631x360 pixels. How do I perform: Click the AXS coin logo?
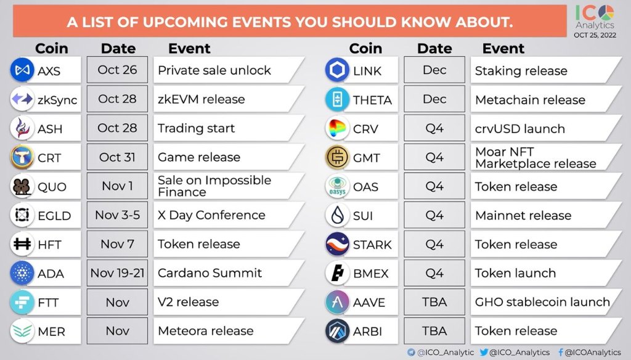(x=22, y=70)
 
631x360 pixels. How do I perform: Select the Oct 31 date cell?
(x=117, y=157)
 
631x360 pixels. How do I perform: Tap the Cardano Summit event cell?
(x=228, y=273)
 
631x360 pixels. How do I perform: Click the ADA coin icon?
(x=22, y=273)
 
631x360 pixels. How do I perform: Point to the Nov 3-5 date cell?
(x=117, y=215)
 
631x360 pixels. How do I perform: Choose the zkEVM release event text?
(x=202, y=99)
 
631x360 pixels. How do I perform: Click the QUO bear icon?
(x=22, y=186)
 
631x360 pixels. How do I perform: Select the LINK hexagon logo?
(x=337, y=70)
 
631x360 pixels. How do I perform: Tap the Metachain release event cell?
(x=546, y=99)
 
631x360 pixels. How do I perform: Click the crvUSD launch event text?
(x=520, y=128)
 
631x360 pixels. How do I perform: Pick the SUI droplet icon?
(x=337, y=215)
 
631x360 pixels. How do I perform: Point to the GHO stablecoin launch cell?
(x=546, y=302)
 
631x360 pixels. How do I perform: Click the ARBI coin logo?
(x=337, y=331)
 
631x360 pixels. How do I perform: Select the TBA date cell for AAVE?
(x=434, y=302)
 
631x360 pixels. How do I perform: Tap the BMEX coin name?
(x=370, y=274)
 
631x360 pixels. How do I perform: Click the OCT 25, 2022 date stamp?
(x=595, y=35)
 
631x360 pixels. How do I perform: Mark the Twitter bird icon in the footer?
(x=484, y=353)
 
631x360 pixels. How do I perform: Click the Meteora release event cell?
(x=228, y=331)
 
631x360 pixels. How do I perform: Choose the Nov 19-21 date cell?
(x=117, y=273)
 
